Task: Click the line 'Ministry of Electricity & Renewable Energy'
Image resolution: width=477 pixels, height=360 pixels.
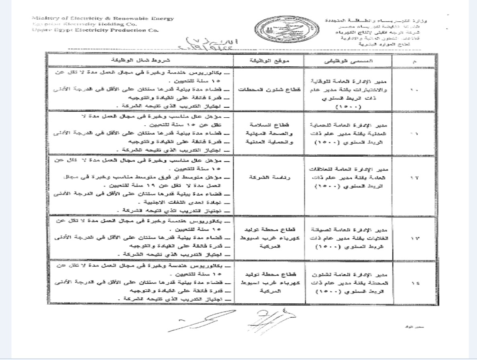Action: click(103, 18)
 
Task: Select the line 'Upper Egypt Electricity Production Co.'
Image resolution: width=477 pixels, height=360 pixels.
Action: click(96, 30)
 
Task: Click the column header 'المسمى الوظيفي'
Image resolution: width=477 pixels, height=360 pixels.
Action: click(348, 60)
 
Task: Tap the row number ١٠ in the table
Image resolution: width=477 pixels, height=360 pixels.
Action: click(414, 90)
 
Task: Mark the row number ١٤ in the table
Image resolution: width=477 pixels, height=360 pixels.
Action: click(414, 282)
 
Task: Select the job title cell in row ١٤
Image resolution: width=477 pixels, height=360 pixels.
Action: click(348, 282)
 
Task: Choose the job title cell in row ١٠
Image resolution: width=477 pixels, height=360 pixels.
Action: click(348, 90)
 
